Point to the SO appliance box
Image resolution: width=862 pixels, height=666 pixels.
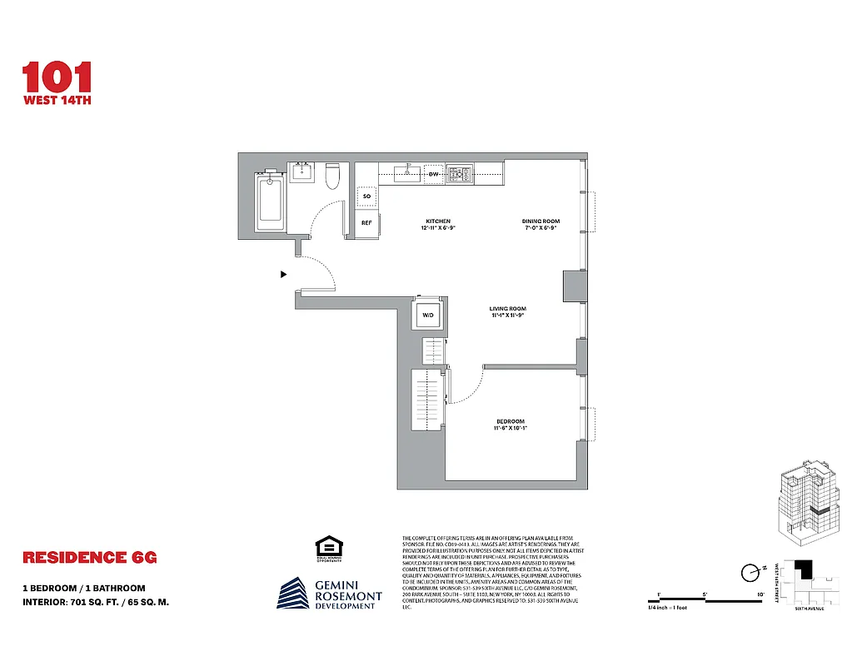click(366, 197)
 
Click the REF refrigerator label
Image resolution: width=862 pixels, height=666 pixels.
click(366, 223)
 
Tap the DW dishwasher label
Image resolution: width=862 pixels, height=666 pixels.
click(433, 175)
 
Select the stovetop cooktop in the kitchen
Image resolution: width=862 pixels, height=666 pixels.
click(458, 175)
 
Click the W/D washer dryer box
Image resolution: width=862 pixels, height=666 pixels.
click(428, 316)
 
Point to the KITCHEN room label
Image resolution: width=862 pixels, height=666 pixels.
click(437, 221)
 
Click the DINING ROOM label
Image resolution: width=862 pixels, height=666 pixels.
click(541, 221)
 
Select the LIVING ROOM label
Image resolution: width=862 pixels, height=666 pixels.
click(507, 309)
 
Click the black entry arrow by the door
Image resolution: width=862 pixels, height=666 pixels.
click(284, 273)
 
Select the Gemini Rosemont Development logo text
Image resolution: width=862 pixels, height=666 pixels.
click(347, 595)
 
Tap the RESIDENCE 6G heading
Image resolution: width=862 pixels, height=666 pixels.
click(89, 557)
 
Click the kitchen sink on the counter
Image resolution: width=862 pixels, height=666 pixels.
click(407, 174)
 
